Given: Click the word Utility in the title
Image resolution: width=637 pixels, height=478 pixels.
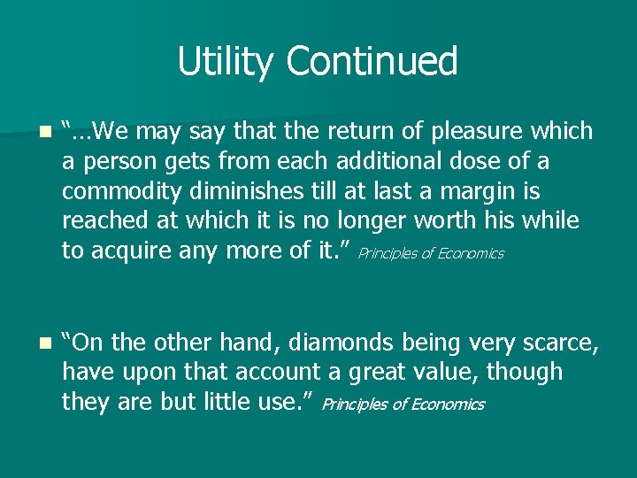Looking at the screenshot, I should pos(226,62).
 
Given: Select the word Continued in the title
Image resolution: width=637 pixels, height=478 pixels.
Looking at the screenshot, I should pos(372,62).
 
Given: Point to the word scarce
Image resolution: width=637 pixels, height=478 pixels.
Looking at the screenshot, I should pos(553,342).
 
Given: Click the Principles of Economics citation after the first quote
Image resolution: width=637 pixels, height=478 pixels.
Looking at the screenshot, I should pos(431,254).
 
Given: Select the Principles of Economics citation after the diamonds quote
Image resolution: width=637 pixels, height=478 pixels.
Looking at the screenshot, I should pos(403,405).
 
